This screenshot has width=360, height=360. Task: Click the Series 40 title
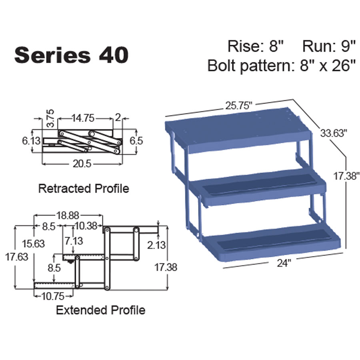coord(71,55)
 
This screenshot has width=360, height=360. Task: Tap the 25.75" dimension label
coord(239,106)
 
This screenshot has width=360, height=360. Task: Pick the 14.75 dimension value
coord(83,118)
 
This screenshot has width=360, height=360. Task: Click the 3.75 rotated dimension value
coord(50,118)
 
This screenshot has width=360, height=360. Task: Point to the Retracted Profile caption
coord(84,188)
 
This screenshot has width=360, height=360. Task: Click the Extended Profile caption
coord(100,310)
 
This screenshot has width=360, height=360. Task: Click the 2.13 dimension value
coord(156,245)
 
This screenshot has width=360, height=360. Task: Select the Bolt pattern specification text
coord(282,65)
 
